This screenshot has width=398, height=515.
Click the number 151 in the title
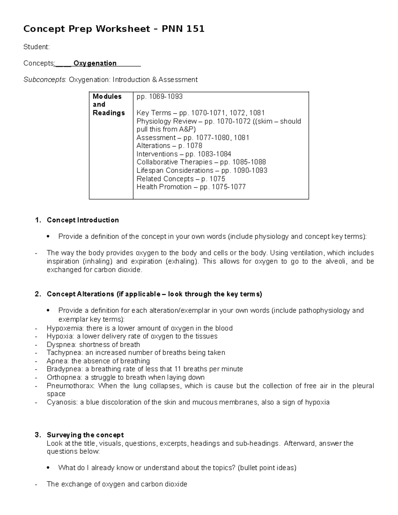[x=195, y=29]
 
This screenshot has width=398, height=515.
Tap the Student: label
[x=36, y=47]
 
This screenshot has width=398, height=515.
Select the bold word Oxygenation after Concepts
[x=95, y=63]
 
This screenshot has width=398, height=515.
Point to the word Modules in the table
[x=107, y=97]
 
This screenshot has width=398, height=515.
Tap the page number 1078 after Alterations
[x=195, y=146]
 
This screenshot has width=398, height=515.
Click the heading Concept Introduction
[x=83, y=220]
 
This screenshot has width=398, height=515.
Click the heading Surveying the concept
[x=85, y=435]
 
